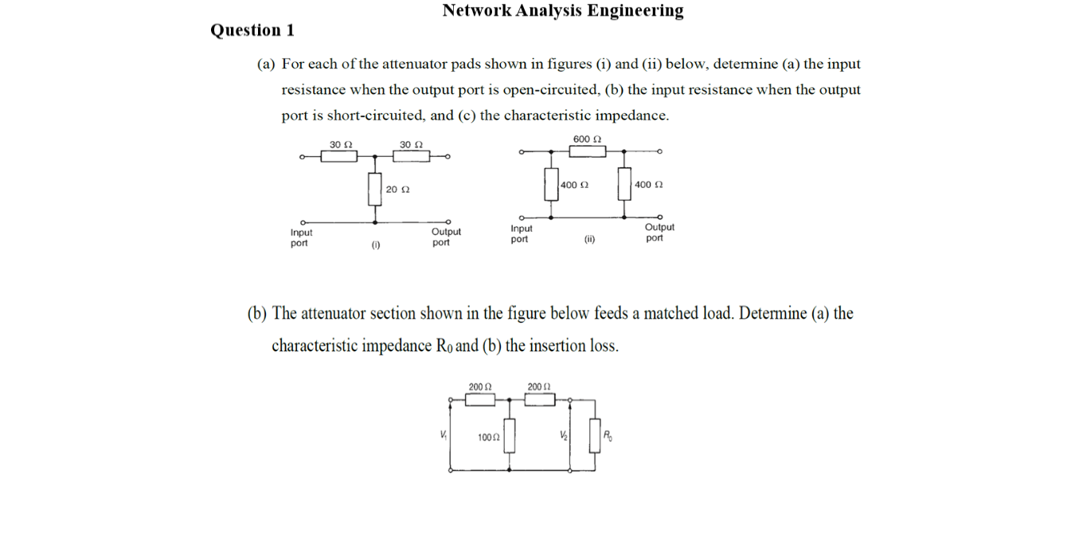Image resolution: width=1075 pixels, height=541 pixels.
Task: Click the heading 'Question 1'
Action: click(x=252, y=30)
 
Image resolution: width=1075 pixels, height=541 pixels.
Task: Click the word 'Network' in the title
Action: click(x=476, y=10)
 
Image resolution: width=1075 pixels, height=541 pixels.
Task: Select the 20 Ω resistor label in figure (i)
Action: click(x=397, y=190)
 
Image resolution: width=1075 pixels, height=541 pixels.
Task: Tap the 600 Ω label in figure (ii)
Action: click(x=587, y=139)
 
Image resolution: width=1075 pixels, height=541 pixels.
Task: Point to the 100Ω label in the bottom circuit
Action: click(x=488, y=437)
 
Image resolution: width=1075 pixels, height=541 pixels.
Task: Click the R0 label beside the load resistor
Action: click(x=608, y=435)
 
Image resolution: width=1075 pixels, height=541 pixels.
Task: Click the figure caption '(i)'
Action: click(x=375, y=246)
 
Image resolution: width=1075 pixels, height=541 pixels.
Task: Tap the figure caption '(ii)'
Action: click(x=589, y=239)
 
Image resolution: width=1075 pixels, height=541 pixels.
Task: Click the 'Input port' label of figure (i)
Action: click(x=301, y=237)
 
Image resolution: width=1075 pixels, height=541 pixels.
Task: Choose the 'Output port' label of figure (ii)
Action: click(x=659, y=233)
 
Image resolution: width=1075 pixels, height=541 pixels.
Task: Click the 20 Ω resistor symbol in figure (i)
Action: click(x=374, y=189)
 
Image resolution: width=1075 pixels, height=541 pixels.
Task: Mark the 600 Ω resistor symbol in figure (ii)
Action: click(x=587, y=151)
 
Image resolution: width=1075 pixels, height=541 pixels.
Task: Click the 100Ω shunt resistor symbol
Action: click(x=510, y=436)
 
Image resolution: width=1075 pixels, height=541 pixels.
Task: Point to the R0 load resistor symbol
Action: click(x=594, y=436)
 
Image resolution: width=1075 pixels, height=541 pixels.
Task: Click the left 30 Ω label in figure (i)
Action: click(x=341, y=144)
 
